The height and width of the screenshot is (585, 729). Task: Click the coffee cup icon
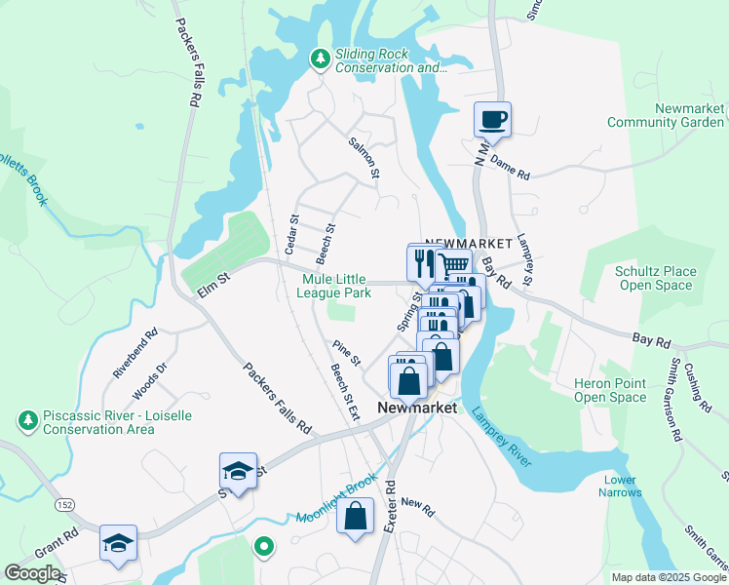492,119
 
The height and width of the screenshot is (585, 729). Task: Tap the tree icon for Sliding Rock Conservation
320,60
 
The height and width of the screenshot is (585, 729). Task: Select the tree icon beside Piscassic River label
27,421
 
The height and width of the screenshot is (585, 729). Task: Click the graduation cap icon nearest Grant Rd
118,542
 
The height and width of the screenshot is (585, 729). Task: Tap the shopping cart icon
453,265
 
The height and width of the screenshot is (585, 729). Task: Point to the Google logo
33,573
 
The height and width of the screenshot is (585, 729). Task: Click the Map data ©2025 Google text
668,577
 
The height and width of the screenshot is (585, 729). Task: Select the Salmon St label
364,157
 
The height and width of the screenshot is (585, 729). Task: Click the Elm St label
211,280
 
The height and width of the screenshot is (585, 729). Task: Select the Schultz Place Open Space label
655,278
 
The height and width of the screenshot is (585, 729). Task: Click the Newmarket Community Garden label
665,115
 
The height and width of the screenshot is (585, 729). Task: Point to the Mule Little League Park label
335,285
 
